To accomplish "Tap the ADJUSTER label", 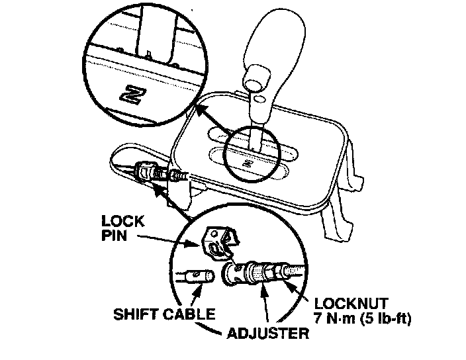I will coord(267,332).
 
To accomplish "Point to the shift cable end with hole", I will coord(195,276).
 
